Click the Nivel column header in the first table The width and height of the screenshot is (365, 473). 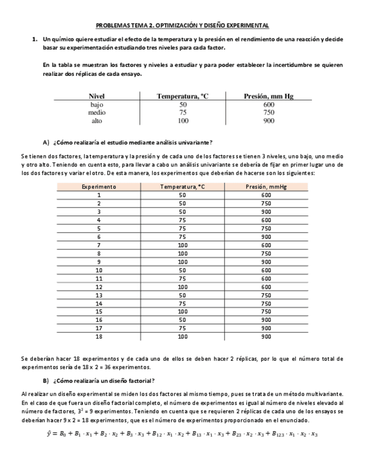click(96, 96)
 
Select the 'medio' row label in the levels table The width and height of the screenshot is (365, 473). click(96, 112)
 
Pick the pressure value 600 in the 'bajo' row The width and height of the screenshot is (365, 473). click(269, 104)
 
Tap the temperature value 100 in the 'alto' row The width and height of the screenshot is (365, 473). click(182, 120)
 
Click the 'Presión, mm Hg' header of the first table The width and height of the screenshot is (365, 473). click(269, 96)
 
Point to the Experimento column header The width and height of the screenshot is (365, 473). click(99, 187)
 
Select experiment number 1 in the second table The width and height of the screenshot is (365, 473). click(99, 195)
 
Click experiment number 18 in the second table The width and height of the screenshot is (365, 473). click(99, 337)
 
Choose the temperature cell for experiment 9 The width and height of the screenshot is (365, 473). click(182, 262)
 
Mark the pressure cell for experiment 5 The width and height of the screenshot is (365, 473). click(266, 228)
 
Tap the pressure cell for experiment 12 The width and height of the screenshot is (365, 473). click(266, 287)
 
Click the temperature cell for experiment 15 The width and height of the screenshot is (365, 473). click(182, 312)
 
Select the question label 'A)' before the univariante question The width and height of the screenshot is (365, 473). click(46, 142)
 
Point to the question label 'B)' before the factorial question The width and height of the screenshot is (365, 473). click(46, 381)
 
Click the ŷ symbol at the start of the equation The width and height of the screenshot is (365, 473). click(49, 434)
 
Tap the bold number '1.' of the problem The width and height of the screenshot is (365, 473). click(35, 40)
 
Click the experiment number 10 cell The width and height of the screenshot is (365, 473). click(99, 270)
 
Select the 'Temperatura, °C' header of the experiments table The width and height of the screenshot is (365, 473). click(182, 187)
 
